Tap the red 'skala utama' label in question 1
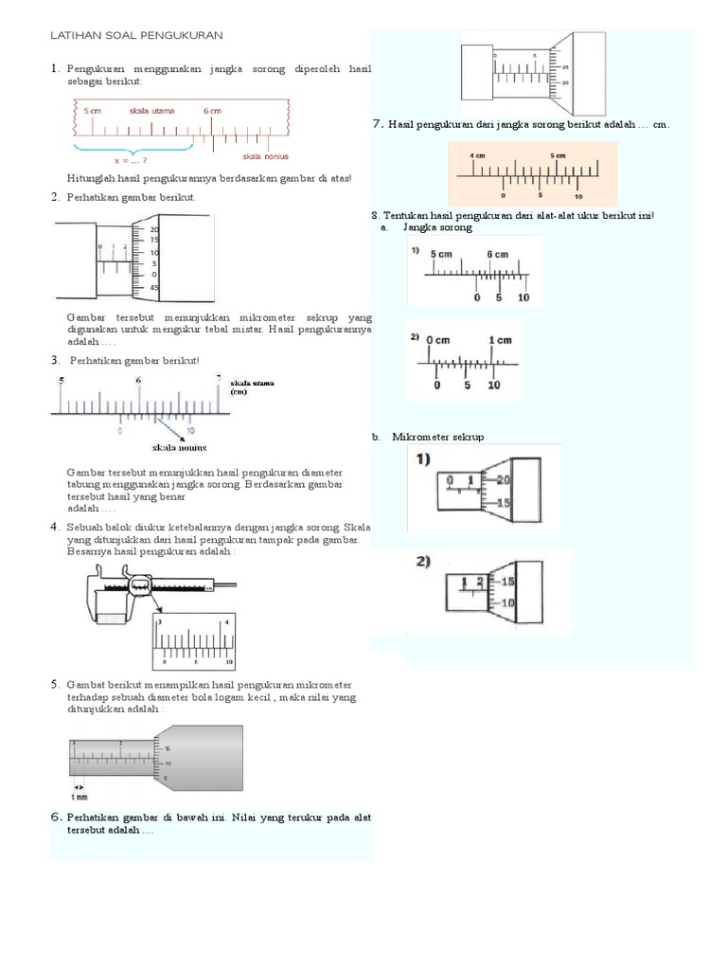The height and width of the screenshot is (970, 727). point(151,111)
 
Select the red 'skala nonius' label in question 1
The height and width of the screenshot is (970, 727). point(265,156)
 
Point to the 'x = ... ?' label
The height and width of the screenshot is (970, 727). point(134,161)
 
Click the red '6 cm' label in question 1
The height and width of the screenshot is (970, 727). point(212,111)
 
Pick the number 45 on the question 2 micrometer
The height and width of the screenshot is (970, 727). point(154,288)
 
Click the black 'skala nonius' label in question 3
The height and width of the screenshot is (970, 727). point(179,447)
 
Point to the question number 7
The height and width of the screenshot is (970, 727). point(377,123)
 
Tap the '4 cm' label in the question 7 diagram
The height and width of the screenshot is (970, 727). point(478,155)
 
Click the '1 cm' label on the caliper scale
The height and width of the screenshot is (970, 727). point(501,340)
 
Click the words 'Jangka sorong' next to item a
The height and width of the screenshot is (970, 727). point(436,227)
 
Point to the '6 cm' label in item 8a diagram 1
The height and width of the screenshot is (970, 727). point(498,254)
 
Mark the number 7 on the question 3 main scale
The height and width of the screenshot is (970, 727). point(219,378)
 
